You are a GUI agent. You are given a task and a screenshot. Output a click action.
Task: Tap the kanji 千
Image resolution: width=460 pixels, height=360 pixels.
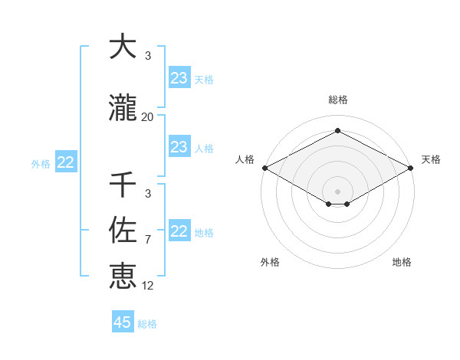[x=123, y=185]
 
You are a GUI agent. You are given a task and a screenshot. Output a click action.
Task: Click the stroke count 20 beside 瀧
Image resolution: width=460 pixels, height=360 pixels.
[x=147, y=117]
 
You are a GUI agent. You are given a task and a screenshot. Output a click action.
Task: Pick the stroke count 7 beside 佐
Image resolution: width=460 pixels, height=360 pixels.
[x=147, y=240]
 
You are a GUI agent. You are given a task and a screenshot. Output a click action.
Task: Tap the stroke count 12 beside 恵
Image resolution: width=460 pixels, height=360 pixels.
[x=147, y=286]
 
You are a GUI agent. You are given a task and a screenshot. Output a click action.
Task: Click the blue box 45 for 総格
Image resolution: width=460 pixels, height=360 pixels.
[x=123, y=322]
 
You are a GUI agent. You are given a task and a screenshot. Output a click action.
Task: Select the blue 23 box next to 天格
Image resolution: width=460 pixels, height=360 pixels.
[x=179, y=78]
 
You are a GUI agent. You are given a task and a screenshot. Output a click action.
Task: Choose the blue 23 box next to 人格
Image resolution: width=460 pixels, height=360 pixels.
[x=179, y=147]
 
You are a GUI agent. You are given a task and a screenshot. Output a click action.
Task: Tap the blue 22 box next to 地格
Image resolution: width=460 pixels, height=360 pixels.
[x=179, y=231]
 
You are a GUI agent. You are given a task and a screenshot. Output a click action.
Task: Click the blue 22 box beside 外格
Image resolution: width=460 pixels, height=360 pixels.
[x=66, y=162]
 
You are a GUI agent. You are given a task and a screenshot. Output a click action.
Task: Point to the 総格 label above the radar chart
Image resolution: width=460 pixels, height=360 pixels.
[x=337, y=100]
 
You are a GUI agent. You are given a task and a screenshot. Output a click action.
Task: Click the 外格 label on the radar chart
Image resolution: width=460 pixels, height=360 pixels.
[x=270, y=263]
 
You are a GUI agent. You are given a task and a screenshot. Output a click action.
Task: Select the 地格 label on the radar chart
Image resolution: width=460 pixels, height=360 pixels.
[x=402, y=263]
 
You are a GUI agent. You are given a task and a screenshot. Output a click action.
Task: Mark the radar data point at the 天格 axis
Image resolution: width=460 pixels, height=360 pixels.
[x=411, y=168]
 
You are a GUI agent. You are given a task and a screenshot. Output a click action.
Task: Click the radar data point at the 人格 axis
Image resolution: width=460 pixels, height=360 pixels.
[x=264, y=168]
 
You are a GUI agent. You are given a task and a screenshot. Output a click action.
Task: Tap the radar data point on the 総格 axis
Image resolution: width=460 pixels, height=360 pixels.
[x=337, y=131]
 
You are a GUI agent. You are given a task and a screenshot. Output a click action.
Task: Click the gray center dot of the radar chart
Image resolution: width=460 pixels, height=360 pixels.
[x=337, y=191]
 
